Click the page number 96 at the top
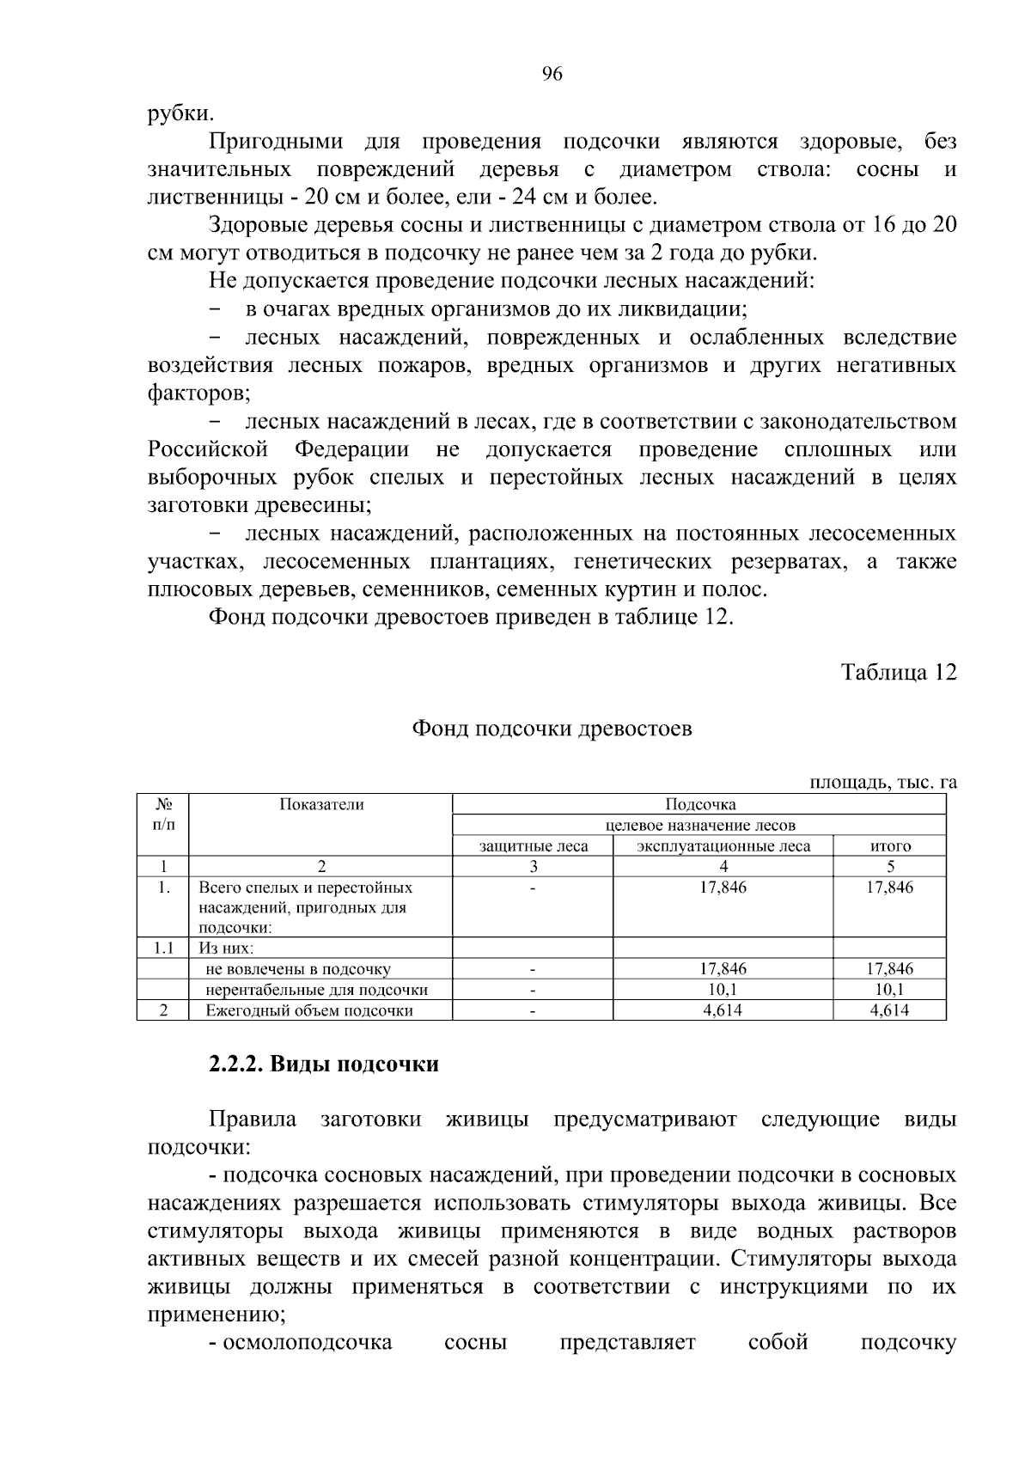click(552, 75)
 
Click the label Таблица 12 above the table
click(898, 672)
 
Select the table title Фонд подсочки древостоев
click(552, 729)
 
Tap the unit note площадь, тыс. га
click(882, 782)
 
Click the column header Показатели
click(321, 805)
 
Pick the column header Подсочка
click(700, 805)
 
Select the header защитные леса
click(534, 846)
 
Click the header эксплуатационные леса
click(723, 846)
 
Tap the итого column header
click(890, 846)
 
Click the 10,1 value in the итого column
click(890, 990)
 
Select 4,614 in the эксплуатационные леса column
click(723, 1010)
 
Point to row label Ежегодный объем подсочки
click(309, 1010)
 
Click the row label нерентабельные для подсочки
click(316, 990)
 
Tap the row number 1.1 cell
click(162, 949)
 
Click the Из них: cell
click(226, 949)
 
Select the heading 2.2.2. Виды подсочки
click(324, 1065)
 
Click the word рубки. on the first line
click(180, 113)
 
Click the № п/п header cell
click(162, 814)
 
